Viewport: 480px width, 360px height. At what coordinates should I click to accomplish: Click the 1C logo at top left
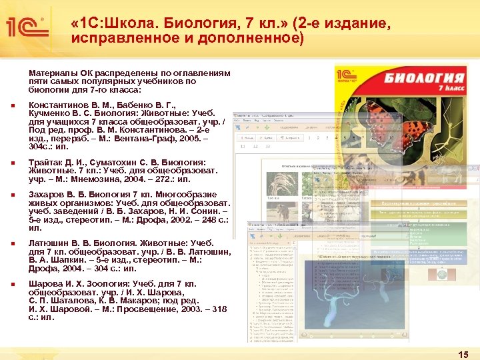(25, 27)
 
